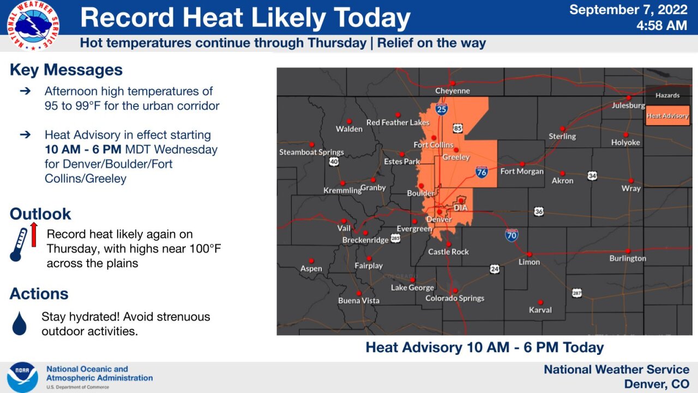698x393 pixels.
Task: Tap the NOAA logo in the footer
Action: tap(23, 377)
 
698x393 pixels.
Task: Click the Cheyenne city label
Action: tap(452, 91)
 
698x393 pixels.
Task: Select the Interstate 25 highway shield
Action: tap(442, 110)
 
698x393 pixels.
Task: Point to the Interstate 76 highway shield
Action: tap(482, 172)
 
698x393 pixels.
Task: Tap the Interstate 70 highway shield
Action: tap(511, 235)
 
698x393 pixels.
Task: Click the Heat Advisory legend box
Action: tap(667, 116)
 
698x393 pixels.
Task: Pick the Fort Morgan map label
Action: tap(522, 171)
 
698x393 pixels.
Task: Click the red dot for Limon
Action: tap(529, 254)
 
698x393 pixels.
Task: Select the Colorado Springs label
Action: tap(455, 298)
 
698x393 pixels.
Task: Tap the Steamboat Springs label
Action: tap(311, 152)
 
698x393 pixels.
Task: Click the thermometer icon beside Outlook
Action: tap(19, 244)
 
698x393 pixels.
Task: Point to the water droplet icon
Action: tap(19, 323)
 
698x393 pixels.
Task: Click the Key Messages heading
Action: tap(66, 70)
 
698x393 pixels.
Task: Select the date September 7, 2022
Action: tap(628, 10)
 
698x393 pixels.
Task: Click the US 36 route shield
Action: tap(539, 211)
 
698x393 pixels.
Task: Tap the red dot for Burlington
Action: tap(628, 251)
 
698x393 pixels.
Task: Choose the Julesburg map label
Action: tap(628, 105)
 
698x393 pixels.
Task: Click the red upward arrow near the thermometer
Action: tap(33, 234)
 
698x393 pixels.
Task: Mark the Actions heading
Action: tap(39, 294)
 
